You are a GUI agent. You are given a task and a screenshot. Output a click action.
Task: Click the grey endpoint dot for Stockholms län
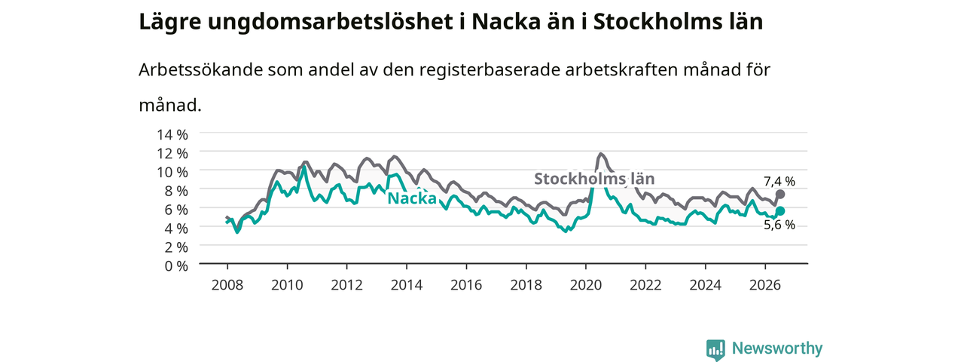pos(779,195)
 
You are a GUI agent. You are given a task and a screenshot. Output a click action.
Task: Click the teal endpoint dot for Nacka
pos(779,210)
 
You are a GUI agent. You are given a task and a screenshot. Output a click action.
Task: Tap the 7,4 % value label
pos(779,182)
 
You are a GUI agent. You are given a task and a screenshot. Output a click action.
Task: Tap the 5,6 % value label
pos(779,225)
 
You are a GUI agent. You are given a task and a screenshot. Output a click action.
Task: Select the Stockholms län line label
pos(594,179)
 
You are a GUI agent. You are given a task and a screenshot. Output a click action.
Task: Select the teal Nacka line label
pos(412,198)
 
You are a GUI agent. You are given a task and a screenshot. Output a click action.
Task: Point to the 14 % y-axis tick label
pos(172,134)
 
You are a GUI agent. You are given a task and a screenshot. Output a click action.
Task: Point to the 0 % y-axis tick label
pos(176,266)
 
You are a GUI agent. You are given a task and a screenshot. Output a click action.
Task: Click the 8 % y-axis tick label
pos(176,191)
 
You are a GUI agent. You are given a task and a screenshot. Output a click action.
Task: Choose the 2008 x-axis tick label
pos(227,285)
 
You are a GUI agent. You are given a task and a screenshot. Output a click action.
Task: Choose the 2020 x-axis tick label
pos(586,285)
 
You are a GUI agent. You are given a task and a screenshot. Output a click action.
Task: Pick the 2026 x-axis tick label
pos(765,285)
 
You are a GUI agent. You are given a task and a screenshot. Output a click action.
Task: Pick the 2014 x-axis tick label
pos(407,285)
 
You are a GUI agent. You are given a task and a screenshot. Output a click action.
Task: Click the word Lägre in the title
pos(170,23)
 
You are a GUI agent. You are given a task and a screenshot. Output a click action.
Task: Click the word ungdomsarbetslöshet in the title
pos(331,23)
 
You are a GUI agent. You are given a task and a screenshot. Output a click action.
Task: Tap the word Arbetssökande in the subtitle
pos(200,69)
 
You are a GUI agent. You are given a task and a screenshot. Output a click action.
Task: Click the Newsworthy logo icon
pos(715,349)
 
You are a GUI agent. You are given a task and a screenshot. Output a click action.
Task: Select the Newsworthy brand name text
pos(777,348)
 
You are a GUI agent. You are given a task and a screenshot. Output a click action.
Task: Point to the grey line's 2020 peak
pos(601,153)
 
